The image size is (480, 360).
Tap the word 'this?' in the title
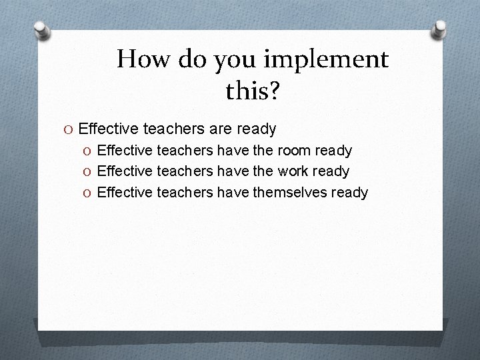(253, 91)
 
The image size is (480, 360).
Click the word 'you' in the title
(233, 61)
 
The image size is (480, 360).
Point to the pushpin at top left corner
(42, 30)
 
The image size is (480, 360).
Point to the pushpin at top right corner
(439, 28)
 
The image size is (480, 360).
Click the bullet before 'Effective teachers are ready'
(70, 127)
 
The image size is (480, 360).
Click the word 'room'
(293, 151)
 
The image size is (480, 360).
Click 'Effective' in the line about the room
(125, 151)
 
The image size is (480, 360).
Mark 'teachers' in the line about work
(185, 171)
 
